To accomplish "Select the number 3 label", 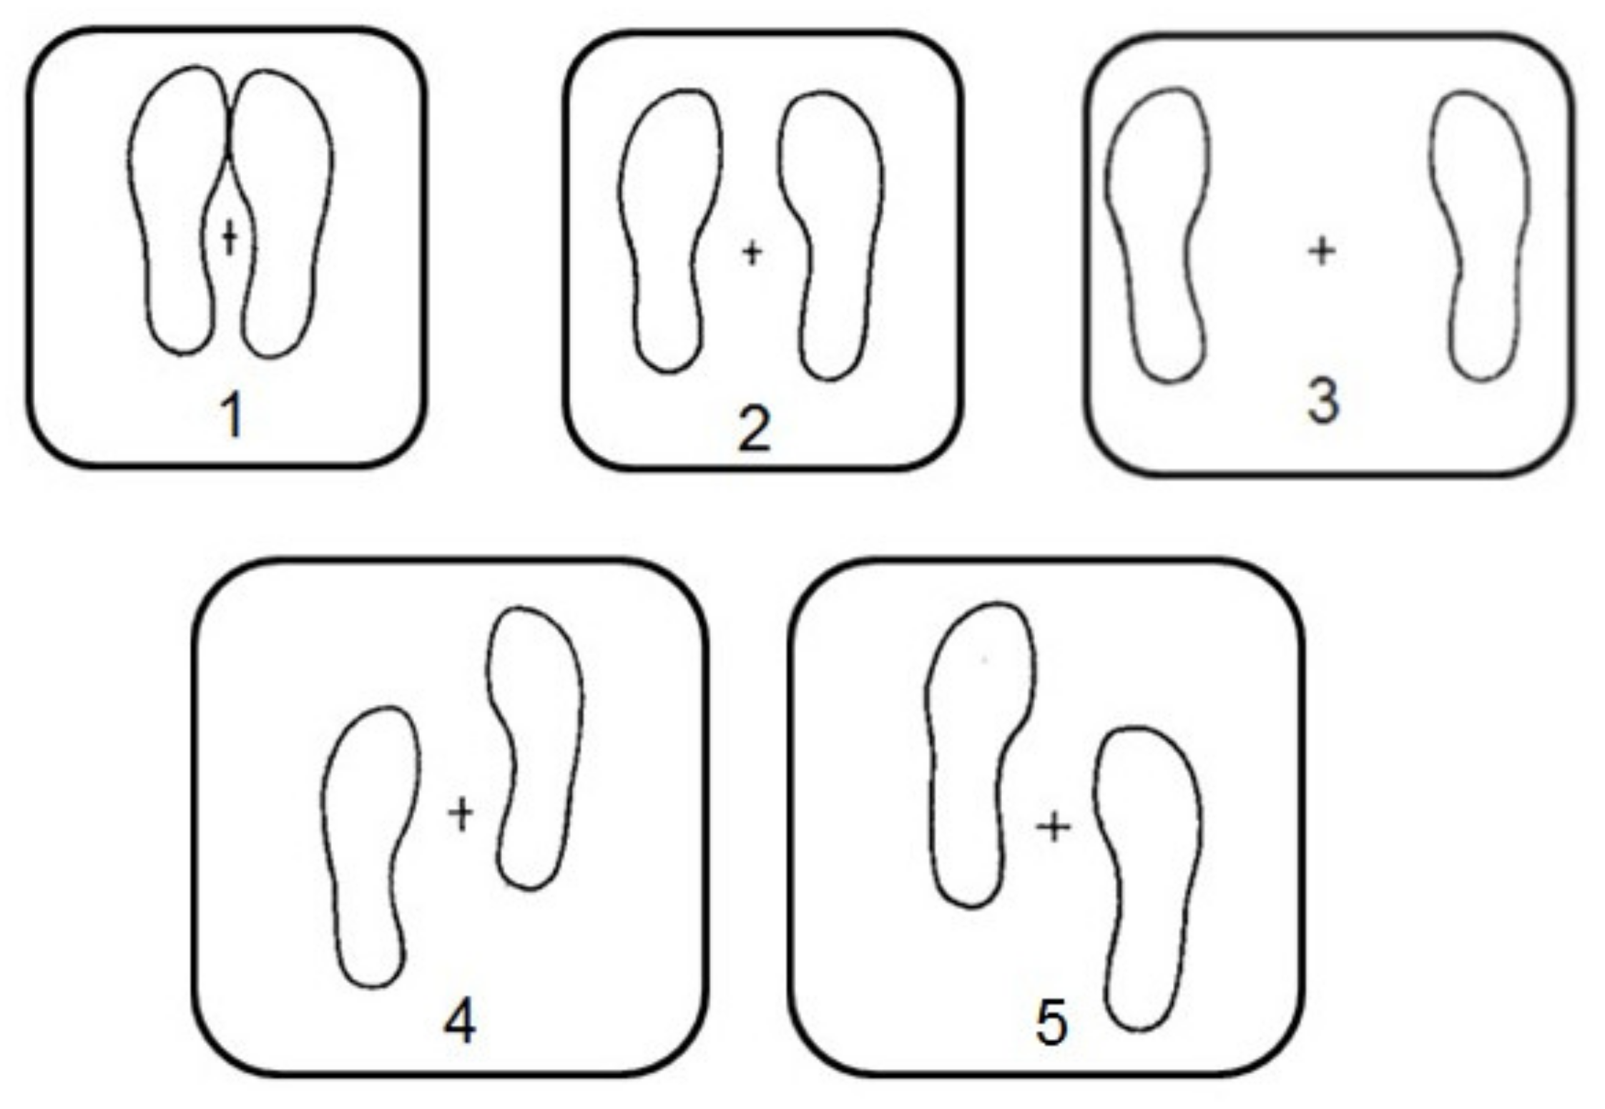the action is click(1322, 401).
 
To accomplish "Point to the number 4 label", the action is click(459, 1022).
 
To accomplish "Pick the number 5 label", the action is click(1051, 1023).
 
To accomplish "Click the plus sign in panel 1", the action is click(230, 237).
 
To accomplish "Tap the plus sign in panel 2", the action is click(752, 252).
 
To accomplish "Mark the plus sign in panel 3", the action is click(1322, 252).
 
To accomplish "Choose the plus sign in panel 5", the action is click(1054, 827).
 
